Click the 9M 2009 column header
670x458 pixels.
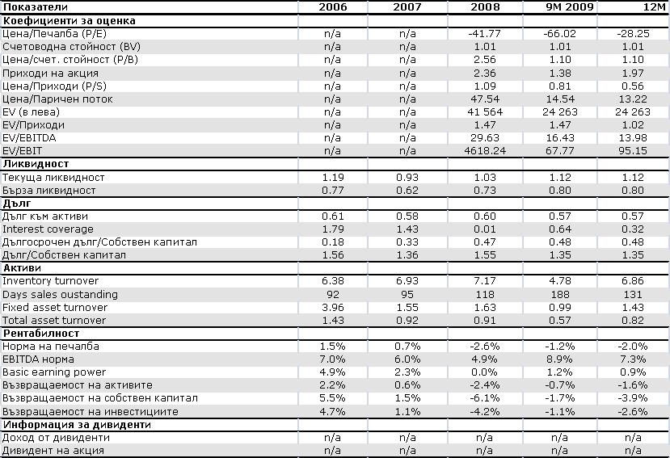(570, 6)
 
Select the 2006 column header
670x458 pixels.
(333, 6)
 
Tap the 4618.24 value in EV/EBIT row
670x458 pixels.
(485, 151)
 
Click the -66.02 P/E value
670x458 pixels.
(560, 34)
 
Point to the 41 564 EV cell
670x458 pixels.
(485, 112)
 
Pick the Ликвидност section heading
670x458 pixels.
(36, 164)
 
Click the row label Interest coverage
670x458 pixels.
(48, 229)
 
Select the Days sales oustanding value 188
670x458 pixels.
(560, 294)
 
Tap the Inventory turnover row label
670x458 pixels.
(50, 280)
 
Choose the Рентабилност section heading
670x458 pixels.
(41, 334)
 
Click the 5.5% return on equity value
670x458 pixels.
(332, 397)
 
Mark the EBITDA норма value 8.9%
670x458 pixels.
(560, 359)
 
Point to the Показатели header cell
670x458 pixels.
(36, 6)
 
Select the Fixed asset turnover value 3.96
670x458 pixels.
(332, 307)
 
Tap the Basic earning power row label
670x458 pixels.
(54, 372)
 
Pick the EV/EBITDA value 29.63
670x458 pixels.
(485, 138)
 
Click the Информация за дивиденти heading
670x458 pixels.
(77, 425)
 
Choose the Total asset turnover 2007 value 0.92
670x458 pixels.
(407, 320)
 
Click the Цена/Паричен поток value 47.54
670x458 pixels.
(485, 99)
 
